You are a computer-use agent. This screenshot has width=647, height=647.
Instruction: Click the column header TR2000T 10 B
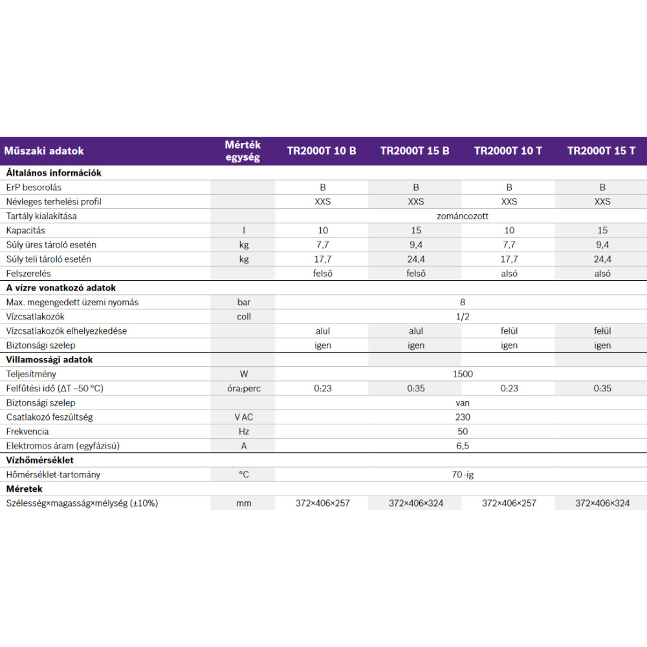322,151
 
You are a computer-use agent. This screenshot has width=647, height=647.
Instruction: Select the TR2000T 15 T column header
601,151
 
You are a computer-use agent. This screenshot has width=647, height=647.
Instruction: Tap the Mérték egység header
243,151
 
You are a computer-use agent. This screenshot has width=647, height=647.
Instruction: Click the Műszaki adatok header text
44,151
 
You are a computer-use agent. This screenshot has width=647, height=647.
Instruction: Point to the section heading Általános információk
54,173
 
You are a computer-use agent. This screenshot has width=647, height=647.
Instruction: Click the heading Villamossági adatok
50,360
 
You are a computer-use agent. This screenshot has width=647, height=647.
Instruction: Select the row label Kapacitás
26,230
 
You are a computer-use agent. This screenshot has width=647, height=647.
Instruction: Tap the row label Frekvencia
27,432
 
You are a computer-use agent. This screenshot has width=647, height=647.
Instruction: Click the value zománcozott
463,216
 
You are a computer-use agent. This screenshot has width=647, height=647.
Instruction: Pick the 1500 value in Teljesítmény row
463,374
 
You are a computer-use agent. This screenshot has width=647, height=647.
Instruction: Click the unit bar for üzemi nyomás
244,302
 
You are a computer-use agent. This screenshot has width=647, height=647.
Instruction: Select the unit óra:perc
244,389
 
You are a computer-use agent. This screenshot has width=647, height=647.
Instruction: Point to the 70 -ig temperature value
463,475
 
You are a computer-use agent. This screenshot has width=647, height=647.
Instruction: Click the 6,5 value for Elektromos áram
463,446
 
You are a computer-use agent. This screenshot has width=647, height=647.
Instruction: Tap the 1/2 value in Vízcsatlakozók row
463,317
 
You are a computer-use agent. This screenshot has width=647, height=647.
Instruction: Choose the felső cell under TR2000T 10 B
323,274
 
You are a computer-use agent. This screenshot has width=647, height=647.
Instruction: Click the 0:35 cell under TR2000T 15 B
416,389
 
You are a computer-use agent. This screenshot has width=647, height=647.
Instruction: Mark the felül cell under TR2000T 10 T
509,331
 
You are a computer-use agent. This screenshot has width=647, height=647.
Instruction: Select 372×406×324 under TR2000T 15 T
602,503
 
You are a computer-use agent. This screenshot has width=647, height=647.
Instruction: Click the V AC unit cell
244,417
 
